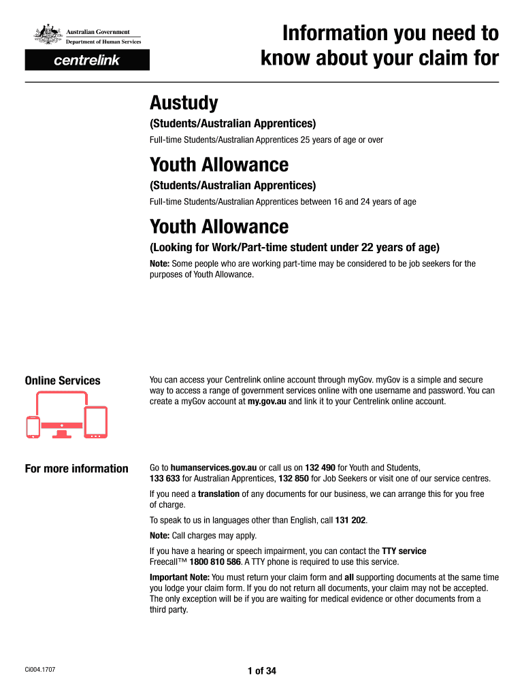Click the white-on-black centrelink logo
[x=86, y=61]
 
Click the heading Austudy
[x=184, y=103]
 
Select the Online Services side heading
[x=63, y=381]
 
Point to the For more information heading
[x=76, y=468]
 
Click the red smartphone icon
[x=33, y=427]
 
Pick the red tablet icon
[x=96, y=422]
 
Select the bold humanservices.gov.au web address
[x=213, y=468]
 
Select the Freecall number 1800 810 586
[x=215, y=562]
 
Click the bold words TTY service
[x=403, y=551]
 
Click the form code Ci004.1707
[x=40, y=670]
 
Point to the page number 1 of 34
[x=262, y=671]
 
